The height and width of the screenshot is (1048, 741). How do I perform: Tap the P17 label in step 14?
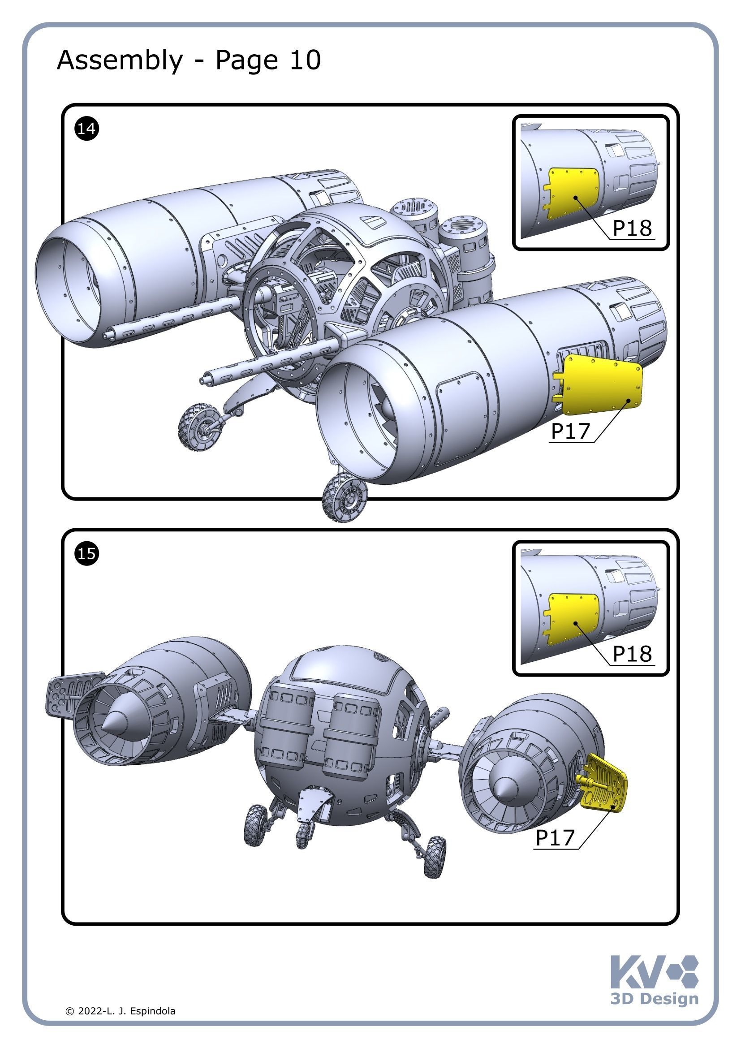[x=570, y=431]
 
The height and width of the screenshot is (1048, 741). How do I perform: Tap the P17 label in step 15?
[x=554, y=837]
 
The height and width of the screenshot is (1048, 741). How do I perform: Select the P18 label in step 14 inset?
[x=632, y=228]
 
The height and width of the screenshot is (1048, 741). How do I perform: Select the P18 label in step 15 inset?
[x=632, y=654]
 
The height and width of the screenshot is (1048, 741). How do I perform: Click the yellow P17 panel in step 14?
[x=602, y=385]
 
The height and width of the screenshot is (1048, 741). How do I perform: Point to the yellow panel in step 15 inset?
[x=573, y=619]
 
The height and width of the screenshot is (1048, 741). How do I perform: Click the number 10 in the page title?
[x=305, y=60]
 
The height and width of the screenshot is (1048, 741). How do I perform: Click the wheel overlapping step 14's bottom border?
[x=345, y=497]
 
